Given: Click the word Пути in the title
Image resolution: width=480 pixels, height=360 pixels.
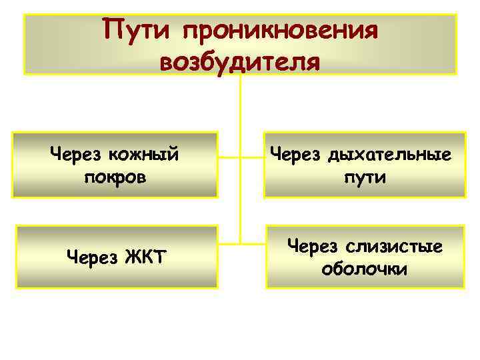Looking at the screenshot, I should pos(137,30).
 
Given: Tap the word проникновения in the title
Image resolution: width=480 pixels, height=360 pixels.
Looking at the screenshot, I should pos(279,31).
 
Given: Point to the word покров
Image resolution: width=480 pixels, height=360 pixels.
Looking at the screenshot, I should pos(116,179).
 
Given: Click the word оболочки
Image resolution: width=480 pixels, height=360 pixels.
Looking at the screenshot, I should pos(365,271).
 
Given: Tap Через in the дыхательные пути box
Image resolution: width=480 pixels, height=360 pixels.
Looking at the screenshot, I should pos(296,155).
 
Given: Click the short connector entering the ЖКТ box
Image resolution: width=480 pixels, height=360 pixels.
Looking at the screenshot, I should pos(229,241).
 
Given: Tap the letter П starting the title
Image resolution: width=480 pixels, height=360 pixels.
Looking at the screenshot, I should pos(110,30).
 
